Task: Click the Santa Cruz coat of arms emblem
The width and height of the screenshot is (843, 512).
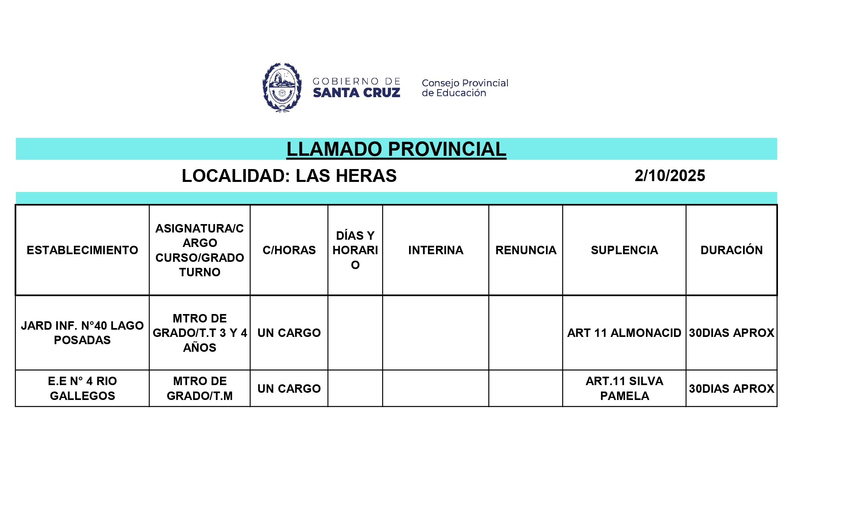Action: click(x=282, y=87)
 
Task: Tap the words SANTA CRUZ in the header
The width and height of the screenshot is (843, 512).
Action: click(x=356, y=93)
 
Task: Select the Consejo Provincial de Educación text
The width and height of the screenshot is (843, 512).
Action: click(x=464, y=88)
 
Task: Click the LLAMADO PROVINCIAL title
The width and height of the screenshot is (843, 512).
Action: click(x=396, y=149)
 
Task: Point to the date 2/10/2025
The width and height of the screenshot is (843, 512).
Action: click(x=670, y=176)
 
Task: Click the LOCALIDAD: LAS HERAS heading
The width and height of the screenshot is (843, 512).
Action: click(x=289, y=176)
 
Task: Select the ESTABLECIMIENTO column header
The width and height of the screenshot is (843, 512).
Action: click(x=82, y=250)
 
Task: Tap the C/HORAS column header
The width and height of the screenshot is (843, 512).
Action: click(x=289, y=250)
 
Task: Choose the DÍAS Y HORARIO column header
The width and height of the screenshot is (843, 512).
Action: click(x=355, y=250)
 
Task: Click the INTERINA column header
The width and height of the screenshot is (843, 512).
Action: click(x=436, y=250)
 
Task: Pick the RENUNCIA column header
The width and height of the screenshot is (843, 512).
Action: click(x=526, y=250)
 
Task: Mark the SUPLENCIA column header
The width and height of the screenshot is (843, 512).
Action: click(x=624, y=250)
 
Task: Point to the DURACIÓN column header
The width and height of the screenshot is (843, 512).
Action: click(x=731, y=250)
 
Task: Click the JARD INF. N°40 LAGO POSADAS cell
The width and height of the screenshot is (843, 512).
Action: click(x=82, y=333)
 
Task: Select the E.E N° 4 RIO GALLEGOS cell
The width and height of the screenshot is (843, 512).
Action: click(x=82, y=388)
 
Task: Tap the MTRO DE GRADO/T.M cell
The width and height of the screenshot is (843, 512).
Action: click(x=200, y=388)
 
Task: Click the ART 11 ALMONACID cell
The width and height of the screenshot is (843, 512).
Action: click(x=624, y=333)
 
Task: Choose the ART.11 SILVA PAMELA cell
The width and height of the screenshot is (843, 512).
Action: click(x=624, y=388)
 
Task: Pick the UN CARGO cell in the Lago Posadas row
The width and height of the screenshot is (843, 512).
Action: click(x=289, y=333)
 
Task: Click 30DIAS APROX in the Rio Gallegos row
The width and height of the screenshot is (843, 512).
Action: click(x=731, y=389)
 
